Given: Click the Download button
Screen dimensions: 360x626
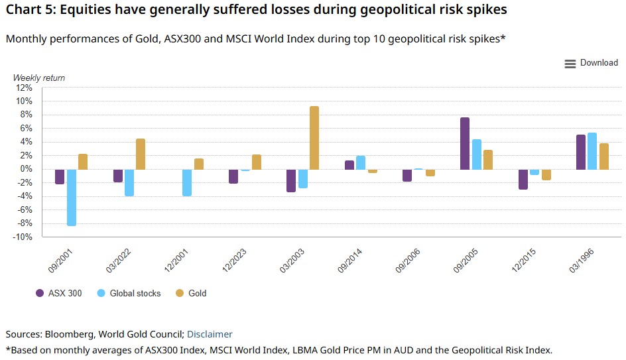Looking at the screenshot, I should (591, 63).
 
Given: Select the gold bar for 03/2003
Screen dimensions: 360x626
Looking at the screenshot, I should (314, 138).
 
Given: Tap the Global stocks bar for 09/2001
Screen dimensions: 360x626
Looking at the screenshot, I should (72, 198).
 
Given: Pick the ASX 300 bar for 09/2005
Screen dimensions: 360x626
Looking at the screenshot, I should (465, 143).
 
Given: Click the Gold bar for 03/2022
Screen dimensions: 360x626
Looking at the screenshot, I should (141, 154).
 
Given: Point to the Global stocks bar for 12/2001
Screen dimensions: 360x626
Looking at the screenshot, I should (187, 182).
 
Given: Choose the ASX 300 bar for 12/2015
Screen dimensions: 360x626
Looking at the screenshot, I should (523, 179).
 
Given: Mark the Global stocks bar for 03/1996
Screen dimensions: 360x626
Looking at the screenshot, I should (592, 151).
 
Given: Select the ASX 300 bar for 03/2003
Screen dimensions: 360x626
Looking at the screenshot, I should (290, 180).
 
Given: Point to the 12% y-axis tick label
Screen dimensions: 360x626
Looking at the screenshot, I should (23, 88).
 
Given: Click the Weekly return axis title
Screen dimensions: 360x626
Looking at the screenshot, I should (39, 78).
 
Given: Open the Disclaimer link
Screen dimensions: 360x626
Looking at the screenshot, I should (210, 334).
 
